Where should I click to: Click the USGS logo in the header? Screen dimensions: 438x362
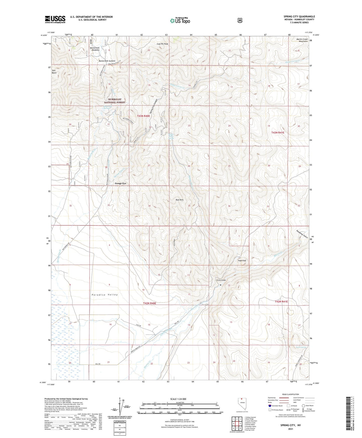point(55,19)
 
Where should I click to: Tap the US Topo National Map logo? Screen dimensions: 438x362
point(179,21)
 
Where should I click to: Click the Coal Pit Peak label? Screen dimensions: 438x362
point(162,44)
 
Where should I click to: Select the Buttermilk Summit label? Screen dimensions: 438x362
point(107,61)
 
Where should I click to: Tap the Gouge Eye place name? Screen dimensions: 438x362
point(120,183)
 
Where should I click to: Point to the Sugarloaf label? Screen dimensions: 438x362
point(242,261)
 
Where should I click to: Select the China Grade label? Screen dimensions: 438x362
point(221,280)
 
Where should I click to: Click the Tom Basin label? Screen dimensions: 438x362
point(54,71)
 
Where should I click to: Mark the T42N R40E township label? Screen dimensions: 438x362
point(150,303)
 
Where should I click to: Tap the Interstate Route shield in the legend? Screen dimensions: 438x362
point(270,406)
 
